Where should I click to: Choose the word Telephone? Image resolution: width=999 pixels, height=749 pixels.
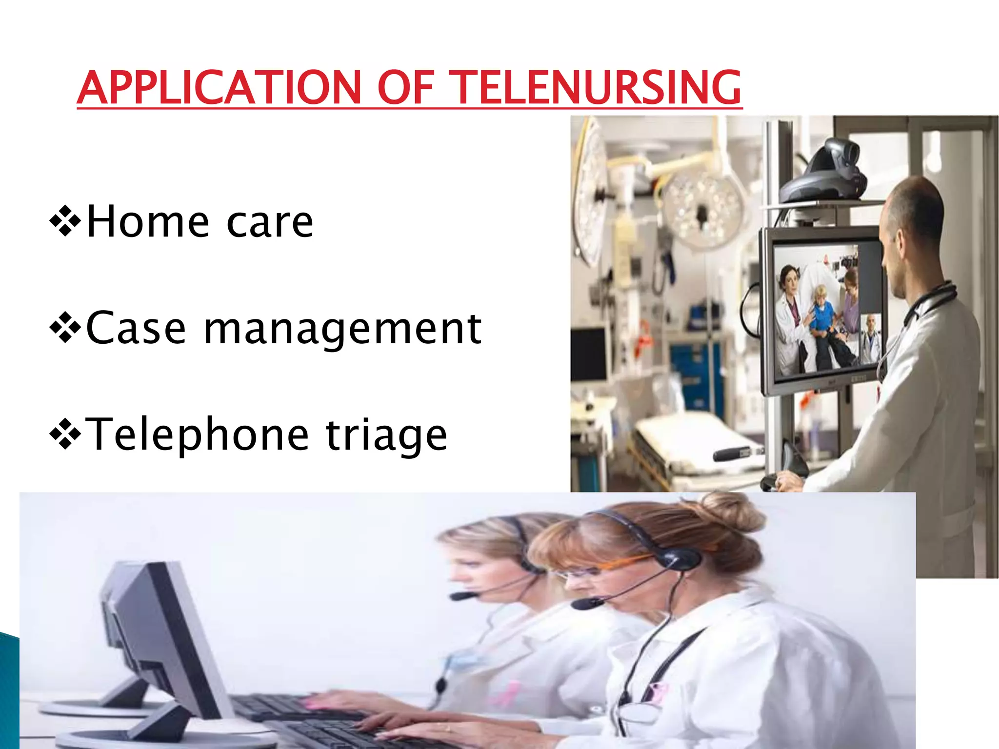pyautogui.click(x=197, y=434)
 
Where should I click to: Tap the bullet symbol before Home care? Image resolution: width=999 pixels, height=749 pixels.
pyautogui.click(x=65, y=221)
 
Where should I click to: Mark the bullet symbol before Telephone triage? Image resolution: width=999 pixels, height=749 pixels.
pyautogui.click(x=65, y=434)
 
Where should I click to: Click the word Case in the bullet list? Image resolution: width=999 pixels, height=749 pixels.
pyautogui.click(x=136, y=329)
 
